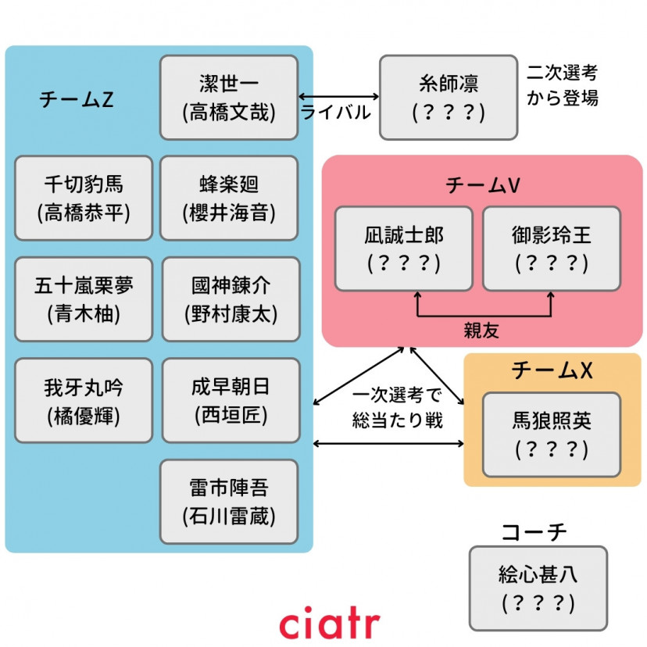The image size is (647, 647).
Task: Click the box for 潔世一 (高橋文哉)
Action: coord(229,98)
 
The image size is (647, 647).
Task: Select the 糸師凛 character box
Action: coord(449,98)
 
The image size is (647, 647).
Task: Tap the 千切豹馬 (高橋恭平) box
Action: coord(84,198)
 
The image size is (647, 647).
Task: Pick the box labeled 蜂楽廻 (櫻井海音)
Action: coord(229,198)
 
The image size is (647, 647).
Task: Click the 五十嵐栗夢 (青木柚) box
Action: coord(84,299)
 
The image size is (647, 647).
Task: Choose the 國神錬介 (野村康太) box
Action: coord(231,299)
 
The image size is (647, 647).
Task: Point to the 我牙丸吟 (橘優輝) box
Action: coord(84,400)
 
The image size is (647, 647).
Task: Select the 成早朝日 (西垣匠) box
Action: coord(231,400)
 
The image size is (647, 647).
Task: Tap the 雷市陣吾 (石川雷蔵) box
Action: coord(229,502)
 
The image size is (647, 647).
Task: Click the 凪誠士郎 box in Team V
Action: coord(404,248)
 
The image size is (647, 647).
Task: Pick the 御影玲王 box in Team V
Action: coord(552,248)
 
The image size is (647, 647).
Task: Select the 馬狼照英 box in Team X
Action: coord(552,434)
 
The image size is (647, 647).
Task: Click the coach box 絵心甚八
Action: coord(538,588)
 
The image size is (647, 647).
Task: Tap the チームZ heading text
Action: coord(76,100)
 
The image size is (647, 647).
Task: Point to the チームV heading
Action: coord(483,184)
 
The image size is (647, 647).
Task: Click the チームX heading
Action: coord(552,371)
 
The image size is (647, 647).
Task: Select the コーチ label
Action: coord(533,532)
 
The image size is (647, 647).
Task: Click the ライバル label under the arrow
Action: coord(336,113)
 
